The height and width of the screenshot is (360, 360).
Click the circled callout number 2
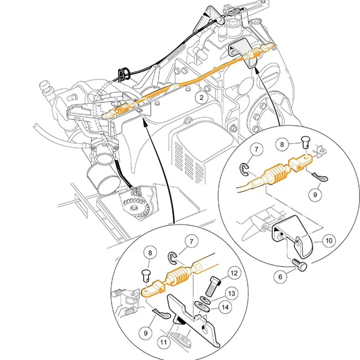[x=201, y=98]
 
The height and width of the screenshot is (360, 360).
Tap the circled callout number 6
[x=280, y=277]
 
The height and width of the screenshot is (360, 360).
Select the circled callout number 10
[x=329, y=241]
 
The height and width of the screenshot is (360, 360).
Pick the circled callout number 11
[x=163, y=342]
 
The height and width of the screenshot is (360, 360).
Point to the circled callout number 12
[x=234, y=273]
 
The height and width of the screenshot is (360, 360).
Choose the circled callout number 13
[x=232, y=293]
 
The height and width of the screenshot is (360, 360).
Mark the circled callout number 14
[x=225, y=307]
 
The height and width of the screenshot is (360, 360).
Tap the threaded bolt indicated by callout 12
[x=213, y=286]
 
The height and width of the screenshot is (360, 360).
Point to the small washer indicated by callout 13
[x=204, y=299]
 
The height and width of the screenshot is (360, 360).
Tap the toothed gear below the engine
[x=135, y=208]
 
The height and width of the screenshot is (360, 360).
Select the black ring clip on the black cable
[x=123, y=73]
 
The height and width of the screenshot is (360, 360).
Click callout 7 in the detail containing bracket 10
[x=256, y=149]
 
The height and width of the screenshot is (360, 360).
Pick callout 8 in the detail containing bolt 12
[x=150, y=253]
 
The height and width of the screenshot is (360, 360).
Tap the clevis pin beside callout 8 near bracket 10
[x=305, y=142]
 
